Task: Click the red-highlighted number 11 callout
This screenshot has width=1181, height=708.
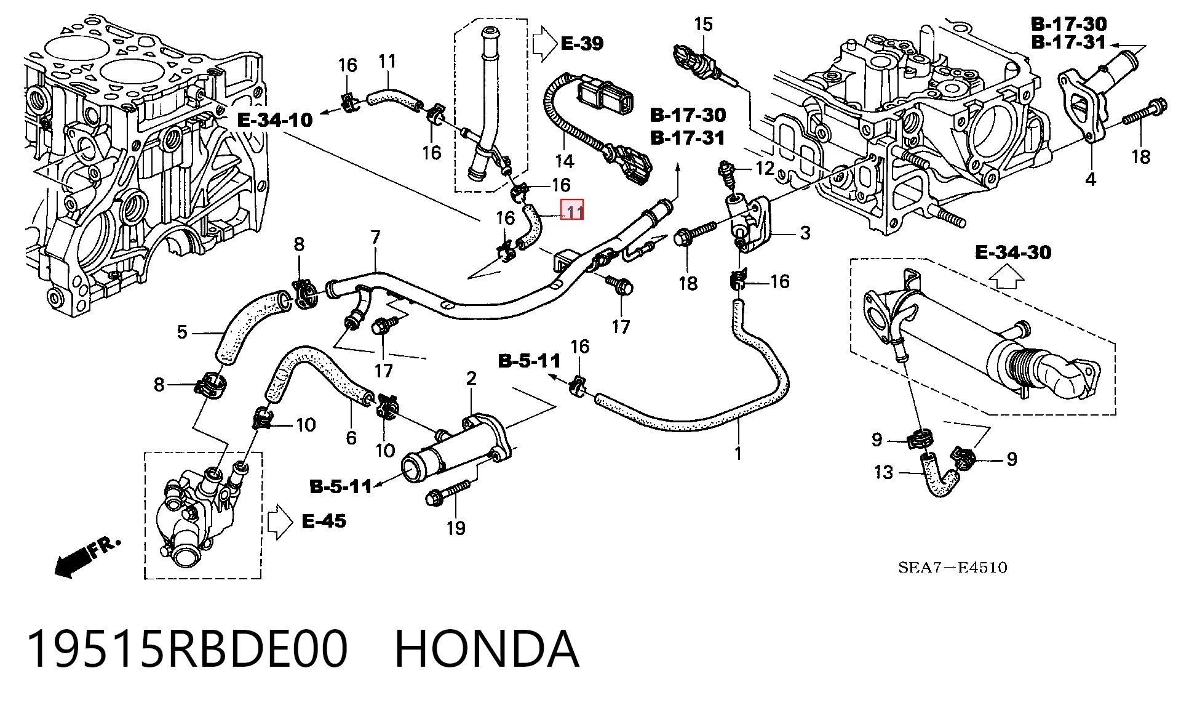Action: pos(574,212)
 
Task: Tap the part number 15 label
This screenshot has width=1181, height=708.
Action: pos(703,25)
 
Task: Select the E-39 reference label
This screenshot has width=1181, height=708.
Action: pos(582,43)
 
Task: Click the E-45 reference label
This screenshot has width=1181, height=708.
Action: pos(324,521)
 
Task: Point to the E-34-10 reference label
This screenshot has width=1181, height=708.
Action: pos(275,120)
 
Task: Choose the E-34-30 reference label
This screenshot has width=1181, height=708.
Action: pos(1013,252)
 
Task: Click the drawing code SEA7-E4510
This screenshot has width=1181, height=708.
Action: pos(953,568)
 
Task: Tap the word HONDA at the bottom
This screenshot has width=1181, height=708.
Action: pos(487,649)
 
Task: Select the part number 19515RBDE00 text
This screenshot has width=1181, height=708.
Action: pos(188,649)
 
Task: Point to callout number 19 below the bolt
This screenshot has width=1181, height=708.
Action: pos(456,528)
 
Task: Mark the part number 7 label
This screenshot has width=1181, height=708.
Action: pos(376,237)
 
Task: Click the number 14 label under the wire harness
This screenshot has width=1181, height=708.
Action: pos(564,161)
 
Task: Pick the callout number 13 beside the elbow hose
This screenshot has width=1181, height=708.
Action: pos(883,472)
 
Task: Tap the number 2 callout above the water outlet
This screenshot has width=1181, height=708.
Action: pos(471,378)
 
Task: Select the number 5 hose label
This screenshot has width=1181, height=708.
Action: pos(182,332)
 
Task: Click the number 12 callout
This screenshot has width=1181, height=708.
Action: pos(765,168)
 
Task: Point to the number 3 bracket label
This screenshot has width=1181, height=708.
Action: pos(805,233)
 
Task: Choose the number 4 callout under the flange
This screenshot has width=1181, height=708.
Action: pos(1091,180)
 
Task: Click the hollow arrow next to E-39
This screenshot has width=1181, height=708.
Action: pos(544,43)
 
